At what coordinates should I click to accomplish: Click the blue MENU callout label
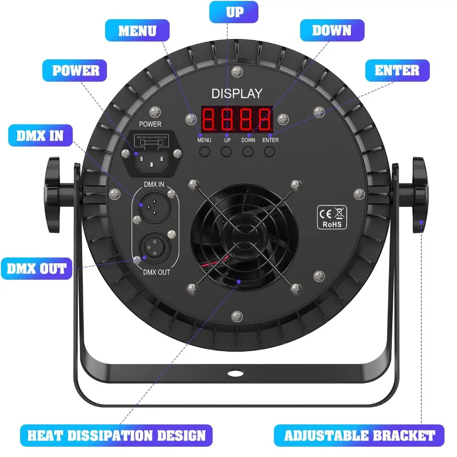pyautogui.click(x=137, y=31)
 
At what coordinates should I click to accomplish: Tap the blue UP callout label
pyautogui.click(x=234, y=12)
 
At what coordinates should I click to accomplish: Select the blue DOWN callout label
pyautogui.click(x=332, y=30)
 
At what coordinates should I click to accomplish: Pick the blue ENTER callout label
pyautogui.click(x=397, y=71)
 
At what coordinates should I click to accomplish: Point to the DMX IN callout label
pyautogui.click(x=40, y=135)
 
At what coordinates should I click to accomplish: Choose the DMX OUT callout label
pyautogui.click(x=37, y=269)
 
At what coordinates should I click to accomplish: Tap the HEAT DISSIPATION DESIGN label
pyautogui.click(x=116, y=435)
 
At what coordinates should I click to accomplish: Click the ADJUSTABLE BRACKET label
pyautogui.click(x=359, y=435)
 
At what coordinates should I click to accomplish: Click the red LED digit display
pyautogui.click(x=237, y=118)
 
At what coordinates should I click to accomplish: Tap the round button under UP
pyautogui.click(x=227, y=152)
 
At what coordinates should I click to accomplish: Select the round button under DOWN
pyautogui.click(x=248, y=152)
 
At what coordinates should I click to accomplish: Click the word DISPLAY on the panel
pyautogui.click(x=237, y=94)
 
